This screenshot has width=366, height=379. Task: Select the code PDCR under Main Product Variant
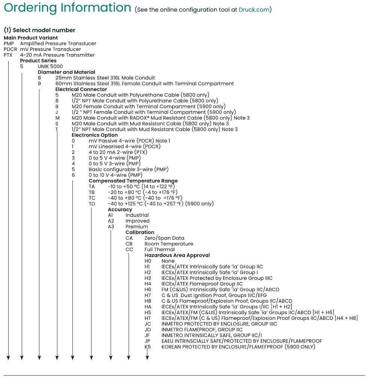point(10,49)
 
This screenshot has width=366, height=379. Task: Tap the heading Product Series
point(38,61)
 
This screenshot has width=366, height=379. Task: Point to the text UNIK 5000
point(50,66)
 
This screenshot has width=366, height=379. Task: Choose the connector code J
point(57,112)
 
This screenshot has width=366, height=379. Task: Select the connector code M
point(57,118)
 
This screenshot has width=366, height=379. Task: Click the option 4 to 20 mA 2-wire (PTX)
point(118,152)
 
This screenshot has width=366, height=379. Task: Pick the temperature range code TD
point(92,204)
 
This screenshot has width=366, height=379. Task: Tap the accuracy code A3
point(111,227)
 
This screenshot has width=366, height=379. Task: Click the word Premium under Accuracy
point(136,227)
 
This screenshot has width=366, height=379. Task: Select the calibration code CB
point(129,244)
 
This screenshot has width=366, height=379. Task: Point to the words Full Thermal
point(160,249)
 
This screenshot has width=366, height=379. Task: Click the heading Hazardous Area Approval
point(177,255)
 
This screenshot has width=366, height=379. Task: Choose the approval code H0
point(148,261)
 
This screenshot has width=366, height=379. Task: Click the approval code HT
point(148,318)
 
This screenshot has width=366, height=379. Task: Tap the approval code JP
point(148,341)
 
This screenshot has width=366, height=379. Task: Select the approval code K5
point(148,347)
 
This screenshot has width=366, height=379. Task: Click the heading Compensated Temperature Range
point(133,181)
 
